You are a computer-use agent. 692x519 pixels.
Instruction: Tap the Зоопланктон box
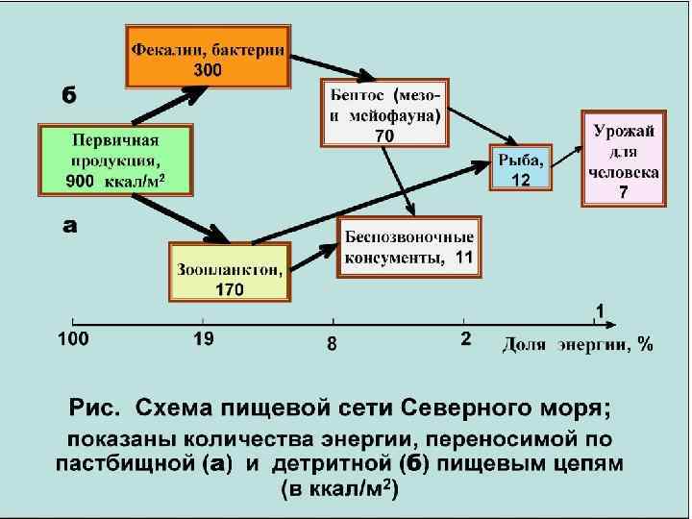pos(229,272)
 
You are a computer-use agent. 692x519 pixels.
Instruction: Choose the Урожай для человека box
pos(624,159)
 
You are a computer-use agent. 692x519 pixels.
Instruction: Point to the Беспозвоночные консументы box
pos(408,247)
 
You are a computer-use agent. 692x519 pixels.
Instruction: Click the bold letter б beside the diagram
pos(69,95)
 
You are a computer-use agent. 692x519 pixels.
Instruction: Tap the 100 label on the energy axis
pos(74,339)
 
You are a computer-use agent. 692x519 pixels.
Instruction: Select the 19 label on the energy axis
pos(203,338)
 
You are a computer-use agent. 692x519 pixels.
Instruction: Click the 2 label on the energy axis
pos(465,339)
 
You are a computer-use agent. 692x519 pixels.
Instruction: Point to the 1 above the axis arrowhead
pos(599,311)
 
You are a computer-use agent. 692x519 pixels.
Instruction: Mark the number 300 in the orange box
pos(208,69)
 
